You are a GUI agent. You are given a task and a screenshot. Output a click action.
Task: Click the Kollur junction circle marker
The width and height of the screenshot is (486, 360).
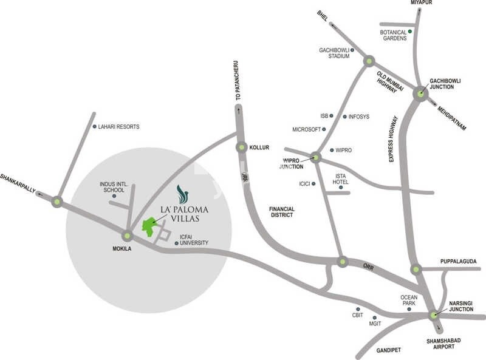tap(241, 147)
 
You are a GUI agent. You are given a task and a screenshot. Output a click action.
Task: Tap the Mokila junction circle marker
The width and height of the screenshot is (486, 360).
tap(128, 236)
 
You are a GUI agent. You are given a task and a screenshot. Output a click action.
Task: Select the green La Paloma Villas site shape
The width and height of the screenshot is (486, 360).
tap(148, 226)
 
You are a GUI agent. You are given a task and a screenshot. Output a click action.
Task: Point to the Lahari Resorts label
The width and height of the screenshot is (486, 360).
tap(119, 127)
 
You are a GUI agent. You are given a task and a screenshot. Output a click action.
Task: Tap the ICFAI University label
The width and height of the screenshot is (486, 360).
tap(194, 240)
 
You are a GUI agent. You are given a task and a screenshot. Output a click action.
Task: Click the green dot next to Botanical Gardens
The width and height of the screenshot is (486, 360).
tap(410, 31)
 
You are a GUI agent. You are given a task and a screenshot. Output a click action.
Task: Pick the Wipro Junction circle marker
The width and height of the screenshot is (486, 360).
tap(315, 157)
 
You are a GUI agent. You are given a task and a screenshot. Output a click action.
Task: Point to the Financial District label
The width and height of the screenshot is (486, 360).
tap(282, 212)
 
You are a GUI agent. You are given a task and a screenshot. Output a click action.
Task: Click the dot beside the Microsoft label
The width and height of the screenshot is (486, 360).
tap(324, 129)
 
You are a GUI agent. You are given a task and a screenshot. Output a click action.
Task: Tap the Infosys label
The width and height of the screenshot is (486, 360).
tap(360, 117)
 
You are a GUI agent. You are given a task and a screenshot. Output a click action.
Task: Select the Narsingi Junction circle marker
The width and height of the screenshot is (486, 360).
tap(433, 315)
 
